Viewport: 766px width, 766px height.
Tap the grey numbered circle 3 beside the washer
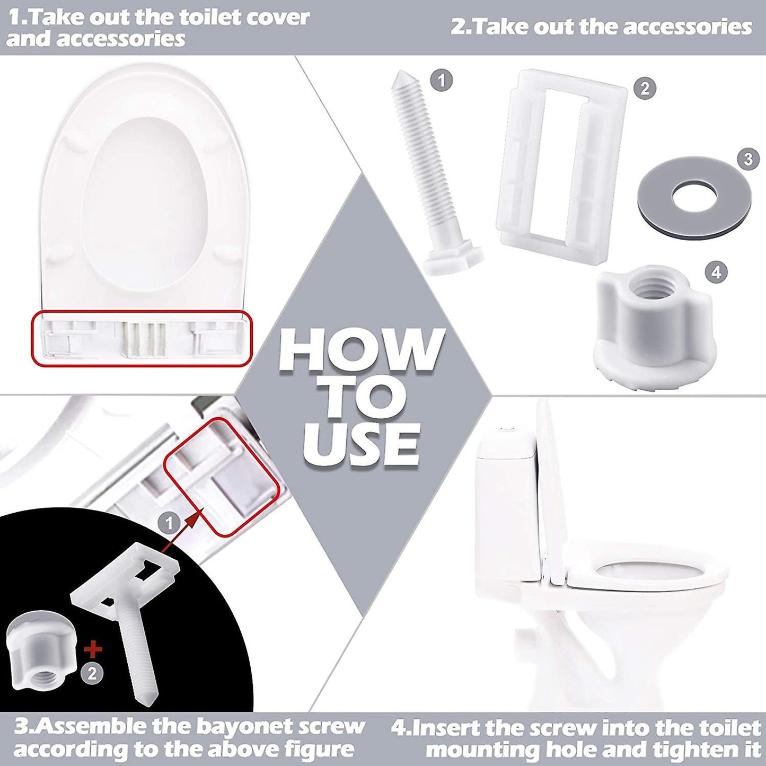[x=748, y=159]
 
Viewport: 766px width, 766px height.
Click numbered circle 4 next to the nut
[x=716, y=272]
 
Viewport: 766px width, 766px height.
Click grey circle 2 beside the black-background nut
[x=92, y=673]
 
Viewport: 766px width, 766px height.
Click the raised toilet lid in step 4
[x=551, y=488]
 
